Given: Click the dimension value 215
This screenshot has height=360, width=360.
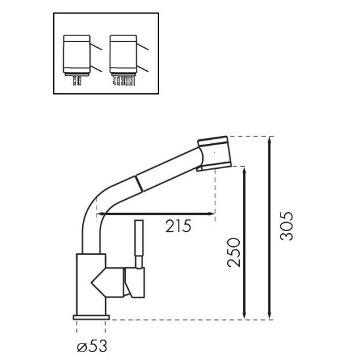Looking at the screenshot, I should point(178,227).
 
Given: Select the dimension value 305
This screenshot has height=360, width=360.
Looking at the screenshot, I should point(287,225).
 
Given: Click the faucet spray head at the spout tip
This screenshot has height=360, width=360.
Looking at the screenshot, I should point(215,152).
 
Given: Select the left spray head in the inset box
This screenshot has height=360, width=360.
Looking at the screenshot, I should point(78,55).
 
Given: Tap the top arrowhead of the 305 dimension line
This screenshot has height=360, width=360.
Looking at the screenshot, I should point(269,139).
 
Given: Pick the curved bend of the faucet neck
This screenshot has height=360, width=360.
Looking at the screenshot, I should point(91,204).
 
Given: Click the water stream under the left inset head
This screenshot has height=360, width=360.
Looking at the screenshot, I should point(78,80).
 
